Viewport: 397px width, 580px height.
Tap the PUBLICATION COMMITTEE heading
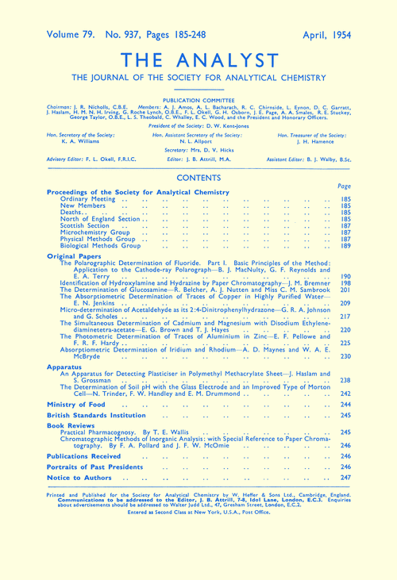click(x=198, y=102)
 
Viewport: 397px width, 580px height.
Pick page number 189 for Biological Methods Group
click(x=345, y=247)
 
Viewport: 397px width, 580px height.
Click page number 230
click(x=345, y=357)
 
